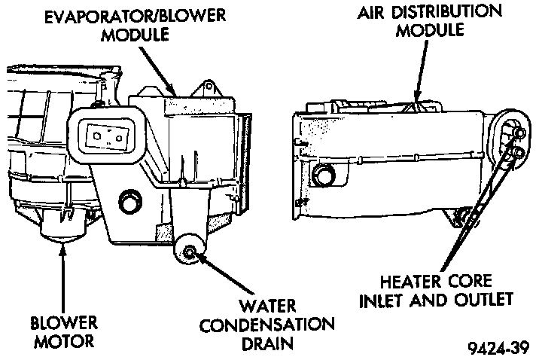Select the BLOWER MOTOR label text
pyautogui.click(x=65, y=333)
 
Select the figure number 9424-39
pyautogui.click(x=498, y=347)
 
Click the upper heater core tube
pyautogui.click(x=518, y=134)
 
